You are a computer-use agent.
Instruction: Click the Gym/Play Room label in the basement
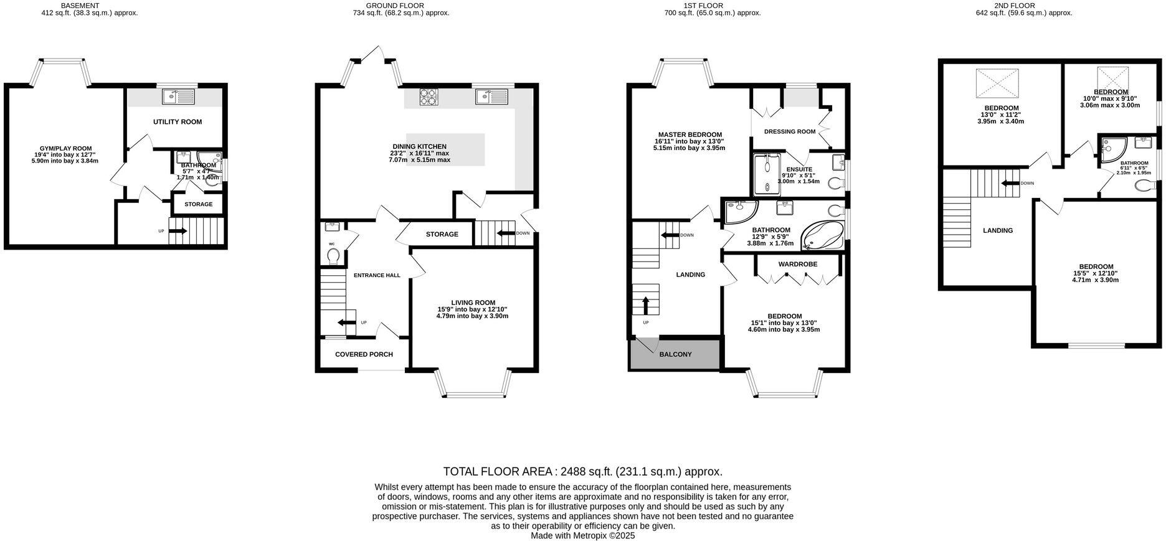point(65,149)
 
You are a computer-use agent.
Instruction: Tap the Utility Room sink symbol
point(178,96)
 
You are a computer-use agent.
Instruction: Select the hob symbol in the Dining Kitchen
point(428,96)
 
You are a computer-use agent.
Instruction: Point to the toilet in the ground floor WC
point(333,255)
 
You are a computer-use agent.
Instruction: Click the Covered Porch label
point(364,354)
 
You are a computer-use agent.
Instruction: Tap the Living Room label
point(473,303)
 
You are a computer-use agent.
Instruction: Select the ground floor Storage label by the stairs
point(442,234)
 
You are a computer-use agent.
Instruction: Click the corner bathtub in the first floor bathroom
point(822,236)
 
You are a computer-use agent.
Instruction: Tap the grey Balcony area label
point(675,354)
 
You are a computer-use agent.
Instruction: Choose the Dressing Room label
point(789,131)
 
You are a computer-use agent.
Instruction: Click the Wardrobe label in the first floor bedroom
point(797,264)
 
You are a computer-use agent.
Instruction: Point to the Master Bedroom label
point(690,134)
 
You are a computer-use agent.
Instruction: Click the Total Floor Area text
point(582,471)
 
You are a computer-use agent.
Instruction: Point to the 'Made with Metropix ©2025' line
point(582,535)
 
